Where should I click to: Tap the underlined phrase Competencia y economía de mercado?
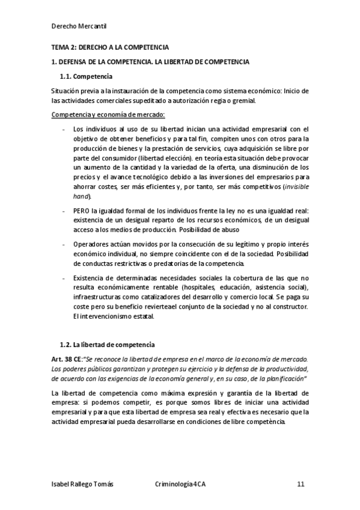pos(108,114)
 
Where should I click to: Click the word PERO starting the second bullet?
pos(82,211)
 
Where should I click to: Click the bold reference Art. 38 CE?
pos(67,358)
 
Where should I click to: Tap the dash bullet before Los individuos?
pos(64,129)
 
